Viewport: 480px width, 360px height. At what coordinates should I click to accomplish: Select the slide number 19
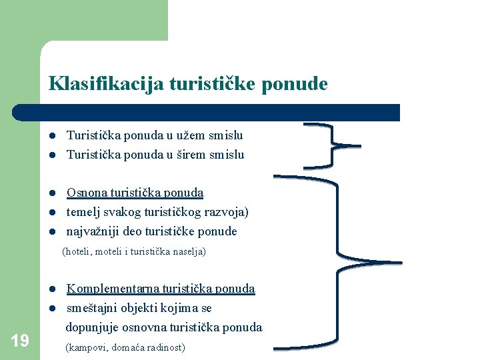pyautogui.click(x=20, y=341)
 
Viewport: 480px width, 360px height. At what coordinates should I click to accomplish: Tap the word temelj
pyautogui.click(x=83, y=212)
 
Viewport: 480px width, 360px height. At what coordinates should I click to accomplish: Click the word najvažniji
pyautogui.click(x=93, y=231)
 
